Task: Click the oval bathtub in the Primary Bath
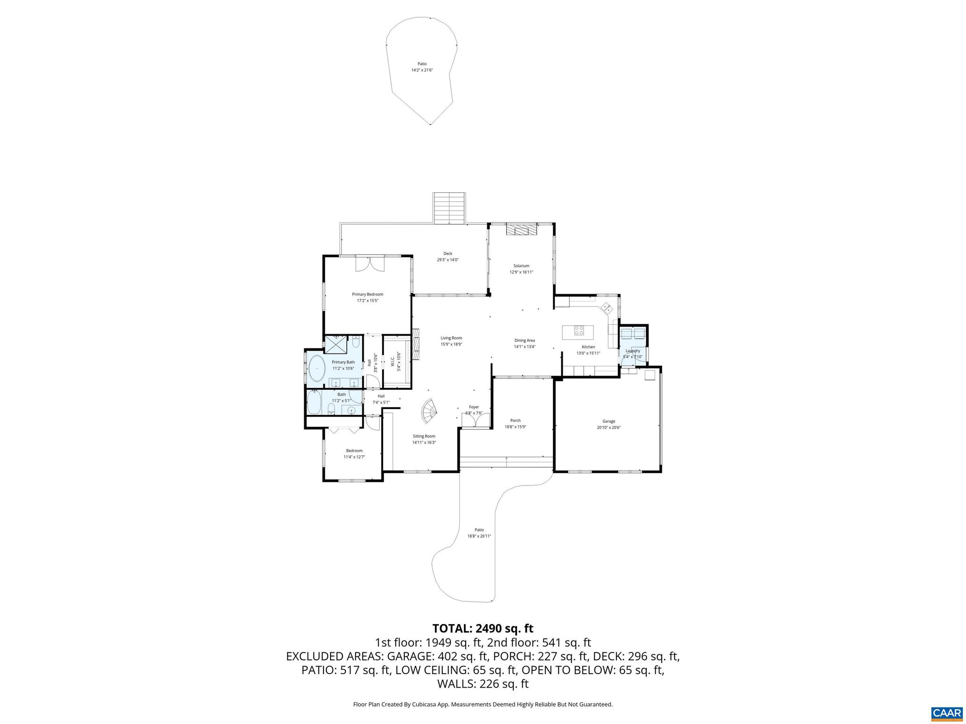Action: click(x=316, y=369)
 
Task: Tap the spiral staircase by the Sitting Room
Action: click(x=429, y=411)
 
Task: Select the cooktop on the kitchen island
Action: click(x=579, y=331)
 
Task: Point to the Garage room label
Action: click(x=608, y=421)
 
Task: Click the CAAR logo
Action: click(x=947, y=713)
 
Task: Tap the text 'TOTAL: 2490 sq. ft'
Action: click(x=483, y=628)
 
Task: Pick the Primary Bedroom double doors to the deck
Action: click(x=370, y=263)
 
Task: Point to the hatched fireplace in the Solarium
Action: click(x=521, y=230)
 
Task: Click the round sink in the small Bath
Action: click(x=351, y=411)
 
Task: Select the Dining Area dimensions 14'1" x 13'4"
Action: click(x=525, y=346)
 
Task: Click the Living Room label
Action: click(x=451, y=337)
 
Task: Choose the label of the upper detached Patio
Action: click(x=422, y=64)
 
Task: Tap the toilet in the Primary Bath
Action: click(x=357, y=340)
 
